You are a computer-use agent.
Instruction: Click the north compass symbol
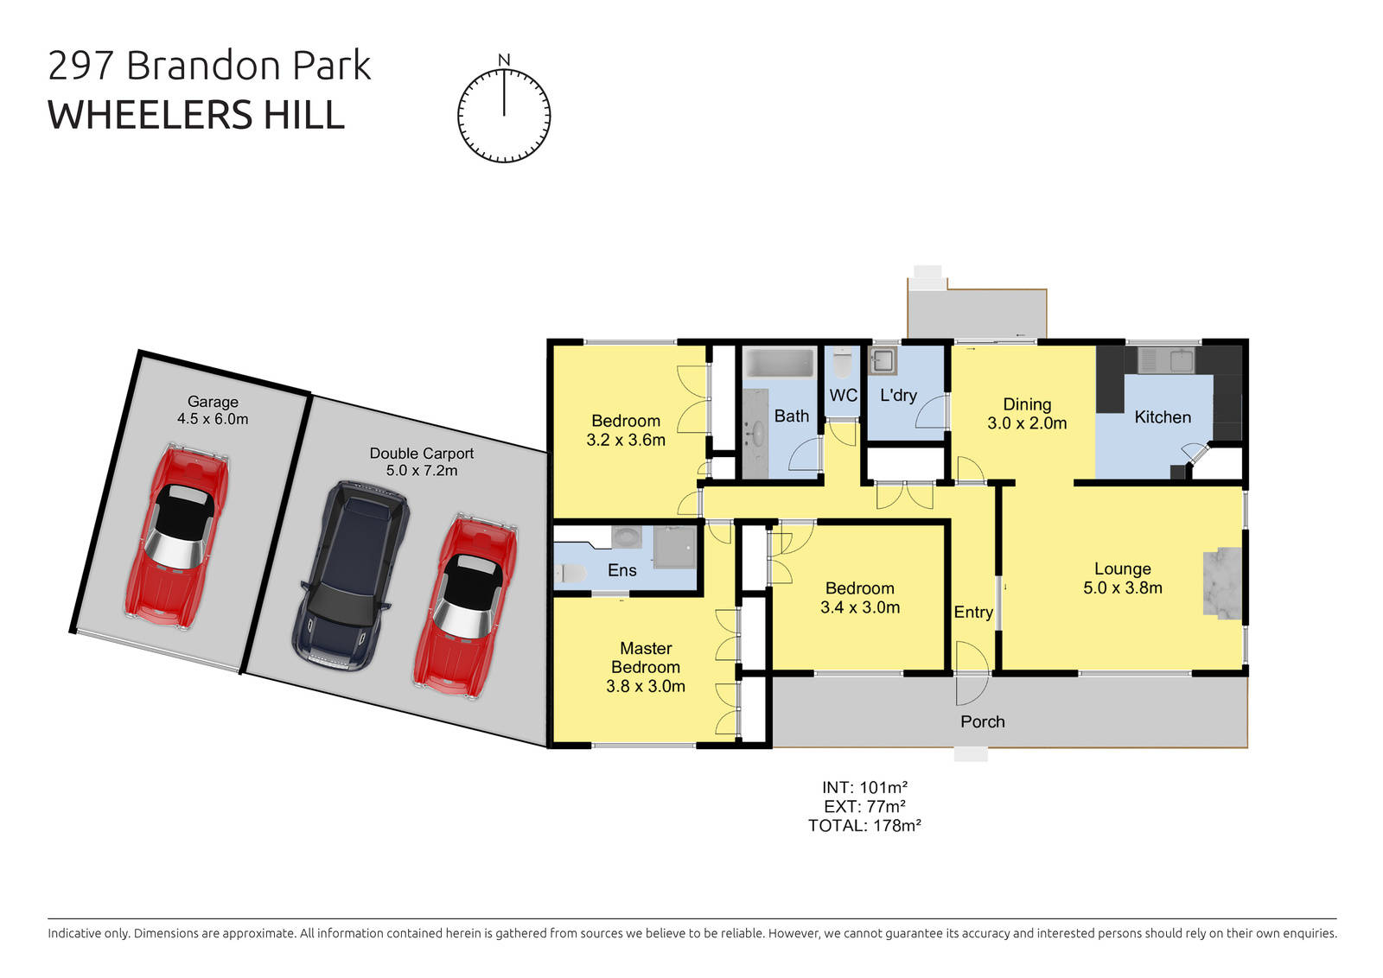click(x=504, y=115)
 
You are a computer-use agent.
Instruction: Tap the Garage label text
click(x=213, y=402)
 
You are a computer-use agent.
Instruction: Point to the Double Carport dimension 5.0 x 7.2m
click(x=422, y=471)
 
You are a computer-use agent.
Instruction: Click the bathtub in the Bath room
click(x=779, y=363)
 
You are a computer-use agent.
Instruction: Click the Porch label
click(x=983, y=721)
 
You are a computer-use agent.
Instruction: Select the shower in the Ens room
click(x=674, y=547)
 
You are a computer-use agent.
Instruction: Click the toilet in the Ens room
click(x=570, y=572)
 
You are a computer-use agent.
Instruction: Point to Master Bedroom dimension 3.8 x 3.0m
click(x=646, y=687)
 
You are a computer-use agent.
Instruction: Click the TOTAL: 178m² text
click(x=864, y=826)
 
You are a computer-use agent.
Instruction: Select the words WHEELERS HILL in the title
click(x=196, y=115)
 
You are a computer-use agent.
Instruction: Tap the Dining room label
click(x=1027, y=404)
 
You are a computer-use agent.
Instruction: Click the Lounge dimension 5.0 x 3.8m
click(x=1122, y=588)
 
